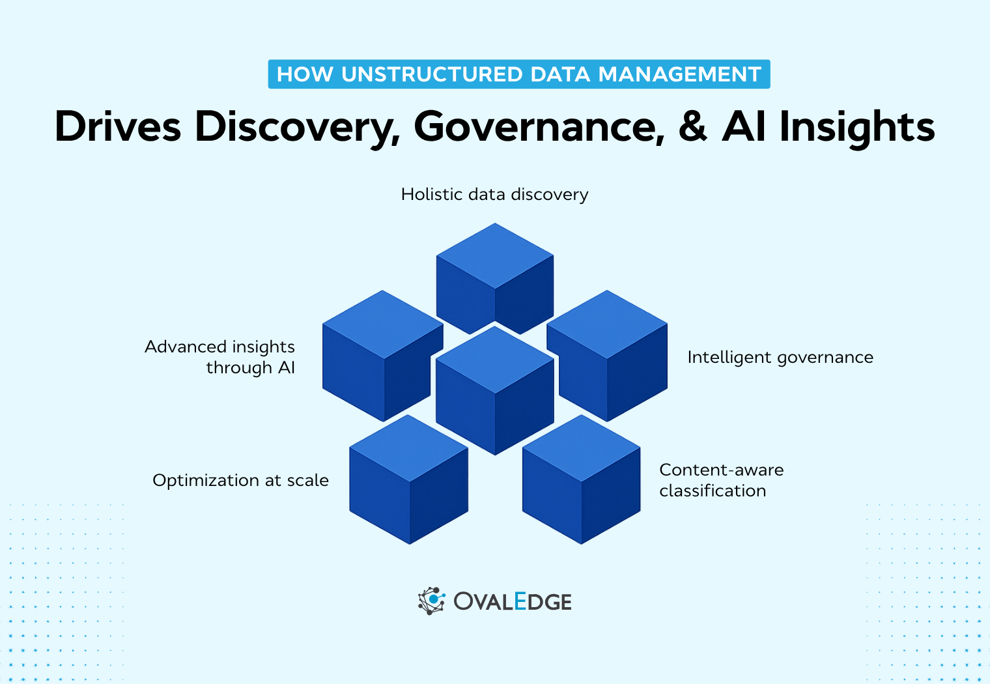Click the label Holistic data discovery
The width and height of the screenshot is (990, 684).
pos(494,194)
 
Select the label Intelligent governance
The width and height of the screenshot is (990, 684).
pos(780,357)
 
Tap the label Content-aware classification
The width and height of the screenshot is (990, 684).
pos(721,480)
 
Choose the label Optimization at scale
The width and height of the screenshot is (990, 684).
pos(240,480)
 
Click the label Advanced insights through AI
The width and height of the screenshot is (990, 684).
pos(220,357)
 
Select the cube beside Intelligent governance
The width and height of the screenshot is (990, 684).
pos(607,355)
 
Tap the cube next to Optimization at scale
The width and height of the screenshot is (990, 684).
pos(409,479)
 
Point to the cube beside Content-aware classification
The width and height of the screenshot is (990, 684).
pos(581,479)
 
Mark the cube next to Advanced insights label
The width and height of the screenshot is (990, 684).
pos(383,355)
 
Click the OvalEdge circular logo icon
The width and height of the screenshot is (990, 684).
pos(431,601)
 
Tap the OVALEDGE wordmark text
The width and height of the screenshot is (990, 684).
pos(513,601)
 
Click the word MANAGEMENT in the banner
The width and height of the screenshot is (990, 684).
pos(679,74)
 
